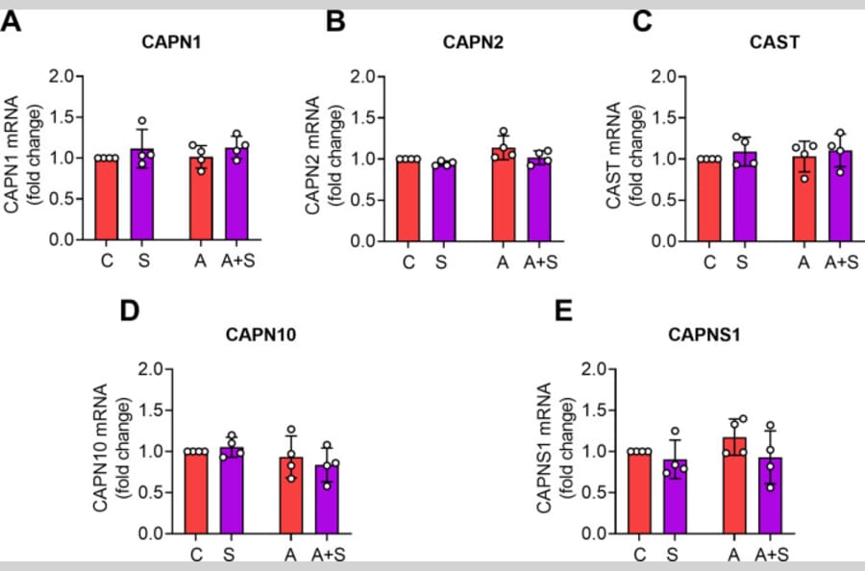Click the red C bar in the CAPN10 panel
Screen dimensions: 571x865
196,491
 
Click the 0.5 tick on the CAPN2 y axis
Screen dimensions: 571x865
366,200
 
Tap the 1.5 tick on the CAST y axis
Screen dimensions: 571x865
666,118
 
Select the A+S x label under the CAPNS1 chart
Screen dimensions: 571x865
771,554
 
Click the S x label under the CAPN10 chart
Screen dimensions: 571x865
229,554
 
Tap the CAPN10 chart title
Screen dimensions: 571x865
259,335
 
